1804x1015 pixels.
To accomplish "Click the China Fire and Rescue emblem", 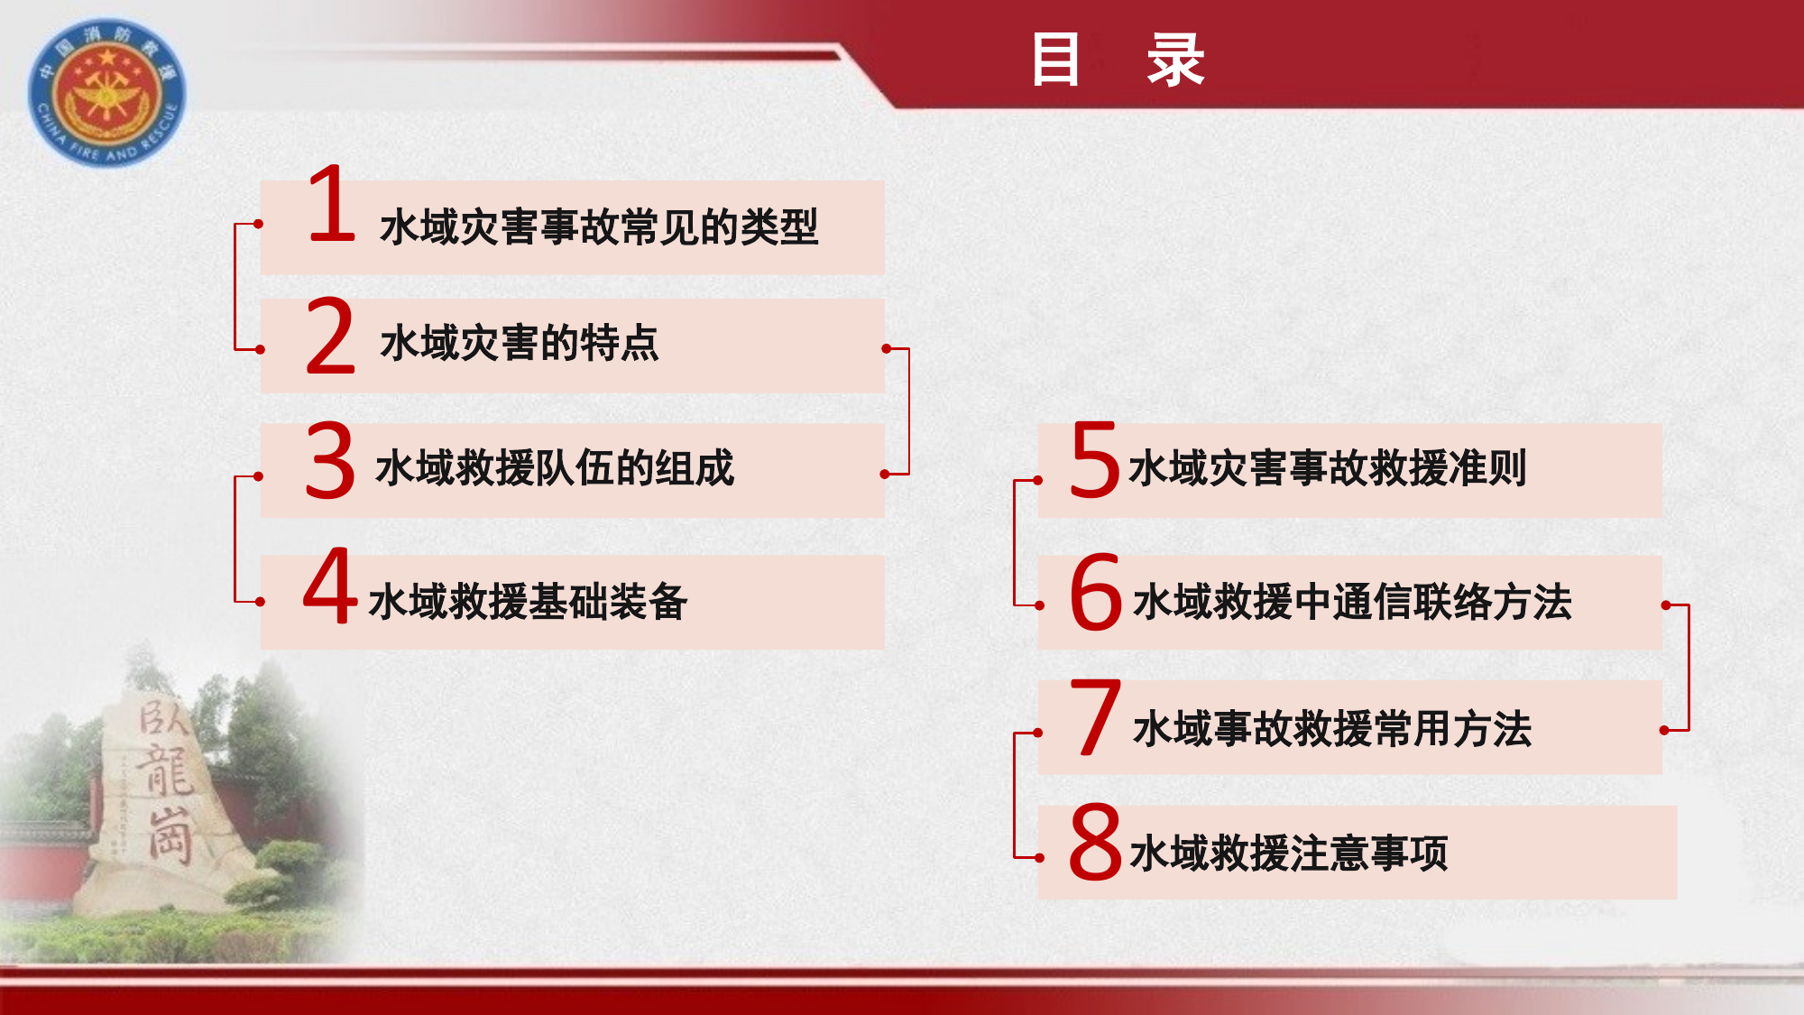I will pyautogui.click(x=107, y=93).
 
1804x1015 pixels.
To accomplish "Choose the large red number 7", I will pyautogui.click(x=1095, y=718).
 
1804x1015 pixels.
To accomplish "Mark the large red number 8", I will pyautogui.click(x=1095, y=842).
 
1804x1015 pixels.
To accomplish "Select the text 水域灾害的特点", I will pyautogui.click(x=520, y=344).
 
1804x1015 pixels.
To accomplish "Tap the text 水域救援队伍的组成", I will pyautogui.click(x=555, y=468).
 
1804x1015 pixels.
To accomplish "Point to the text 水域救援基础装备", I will pyautogui.click(x=529, y=602).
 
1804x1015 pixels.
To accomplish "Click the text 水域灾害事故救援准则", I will pyautogui.click(x=1327, y=468).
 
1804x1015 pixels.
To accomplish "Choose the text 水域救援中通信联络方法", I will pyautogui.click(x=1352, y=602).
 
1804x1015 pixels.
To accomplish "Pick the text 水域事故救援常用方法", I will pyautogui.click(x=1332, y=729).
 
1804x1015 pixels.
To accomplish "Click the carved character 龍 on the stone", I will pyautogui.click(x=164, y=770).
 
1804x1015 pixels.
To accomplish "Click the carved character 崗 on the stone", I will pyautogui.click(x=170, y=835).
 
